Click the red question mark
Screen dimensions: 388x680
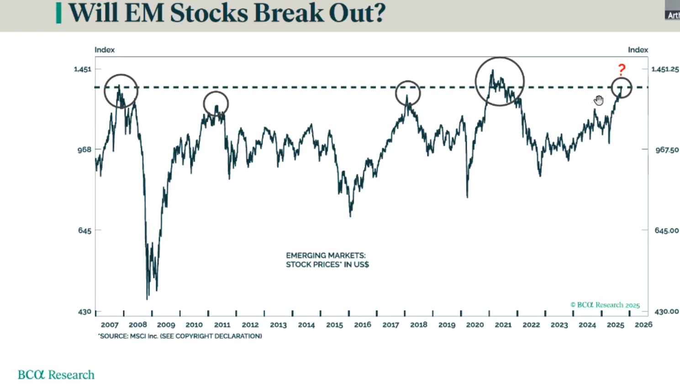622,70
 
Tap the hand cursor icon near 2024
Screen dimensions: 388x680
599,100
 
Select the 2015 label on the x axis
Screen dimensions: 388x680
334,325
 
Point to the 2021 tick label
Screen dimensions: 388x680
503,325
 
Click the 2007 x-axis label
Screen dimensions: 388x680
110,325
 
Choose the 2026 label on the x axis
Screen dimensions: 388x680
643,325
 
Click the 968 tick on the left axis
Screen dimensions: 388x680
84,150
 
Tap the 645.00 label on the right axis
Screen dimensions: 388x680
667,231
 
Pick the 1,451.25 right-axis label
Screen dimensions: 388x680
665,69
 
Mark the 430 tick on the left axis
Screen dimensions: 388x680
85,312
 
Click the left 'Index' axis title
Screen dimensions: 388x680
105,50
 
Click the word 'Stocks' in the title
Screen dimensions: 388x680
209,13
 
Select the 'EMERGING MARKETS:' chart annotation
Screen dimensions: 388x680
326,256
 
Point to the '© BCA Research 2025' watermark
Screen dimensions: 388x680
605,305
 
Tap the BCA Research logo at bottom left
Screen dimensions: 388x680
56,375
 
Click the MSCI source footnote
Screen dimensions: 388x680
180,336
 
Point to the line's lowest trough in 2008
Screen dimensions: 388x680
147,299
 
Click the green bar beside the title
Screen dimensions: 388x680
58,13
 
